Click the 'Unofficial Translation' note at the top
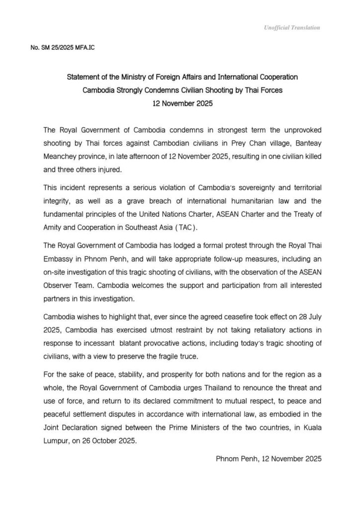click(x=292, y=28)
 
